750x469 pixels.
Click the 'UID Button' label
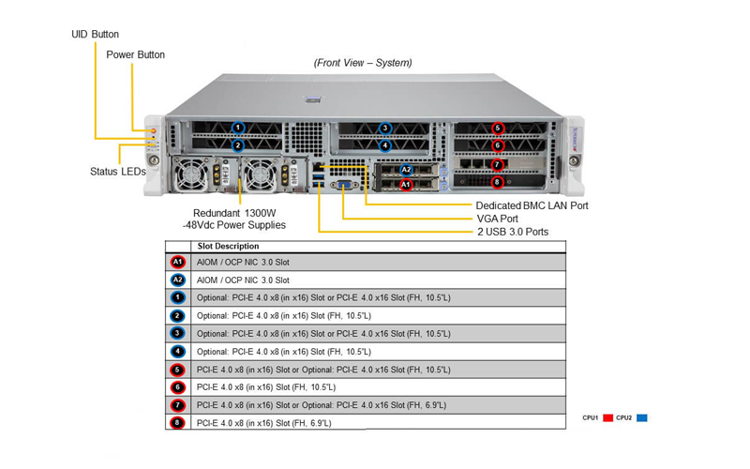[x=96, y=35]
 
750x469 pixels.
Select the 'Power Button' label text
[x=135, y=55]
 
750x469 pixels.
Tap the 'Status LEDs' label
[x=118, y=172]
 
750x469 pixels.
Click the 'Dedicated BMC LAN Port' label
[x=532, y=205]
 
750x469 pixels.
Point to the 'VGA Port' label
[x=498, y=219]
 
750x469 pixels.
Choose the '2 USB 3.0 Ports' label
[x=513, y=232]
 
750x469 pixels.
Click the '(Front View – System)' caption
[x=363, y=63]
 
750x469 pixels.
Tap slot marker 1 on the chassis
[x=238, y=128]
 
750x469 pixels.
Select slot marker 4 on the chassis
[x=384, y=145]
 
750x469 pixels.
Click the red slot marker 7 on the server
[x=498, y=165]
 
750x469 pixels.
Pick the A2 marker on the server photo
[x=406, y=170]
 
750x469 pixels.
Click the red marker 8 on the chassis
[x=498, y=182]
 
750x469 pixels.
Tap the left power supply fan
[x=190, y=175]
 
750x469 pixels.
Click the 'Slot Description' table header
[x=228, y=247]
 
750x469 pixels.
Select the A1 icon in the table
[x=177, y=262]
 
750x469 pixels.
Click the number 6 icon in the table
[x=177, y=387]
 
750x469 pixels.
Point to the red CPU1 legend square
[x=607, y=417]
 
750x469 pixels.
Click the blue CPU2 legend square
[x=642, y=417]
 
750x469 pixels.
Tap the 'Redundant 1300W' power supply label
[x=234, y=214]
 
